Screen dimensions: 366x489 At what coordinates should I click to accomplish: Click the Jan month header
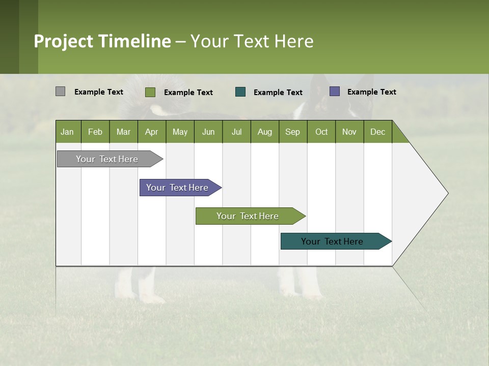tap(68, 132)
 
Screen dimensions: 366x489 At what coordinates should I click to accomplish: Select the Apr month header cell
tap(152, 132)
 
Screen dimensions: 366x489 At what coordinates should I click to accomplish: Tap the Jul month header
tap(236, 132)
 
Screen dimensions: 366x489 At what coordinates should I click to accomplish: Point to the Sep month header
tap(293, 132)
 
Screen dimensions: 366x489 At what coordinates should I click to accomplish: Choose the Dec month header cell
tap(377, 132)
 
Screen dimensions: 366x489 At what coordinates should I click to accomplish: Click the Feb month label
tap(95, 132)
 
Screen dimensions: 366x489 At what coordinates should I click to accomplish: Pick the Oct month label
tap(321, 132)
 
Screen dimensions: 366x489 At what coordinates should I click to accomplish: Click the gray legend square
tap(60, 91)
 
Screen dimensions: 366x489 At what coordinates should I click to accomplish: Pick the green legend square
tap(150, 92)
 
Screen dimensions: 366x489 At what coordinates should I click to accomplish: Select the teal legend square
tap(240, 92)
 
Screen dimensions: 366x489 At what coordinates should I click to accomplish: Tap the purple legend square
tap(335, 91)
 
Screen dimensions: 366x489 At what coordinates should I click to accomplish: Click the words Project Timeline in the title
tap(102, 41)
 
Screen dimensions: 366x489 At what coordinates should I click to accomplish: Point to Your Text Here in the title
tap(252, 41)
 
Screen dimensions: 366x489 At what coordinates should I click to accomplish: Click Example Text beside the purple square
tap(371, 92)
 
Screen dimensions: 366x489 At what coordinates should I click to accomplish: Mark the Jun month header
tap(208, 132)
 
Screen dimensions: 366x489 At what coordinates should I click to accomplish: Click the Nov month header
tap(349, 132)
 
